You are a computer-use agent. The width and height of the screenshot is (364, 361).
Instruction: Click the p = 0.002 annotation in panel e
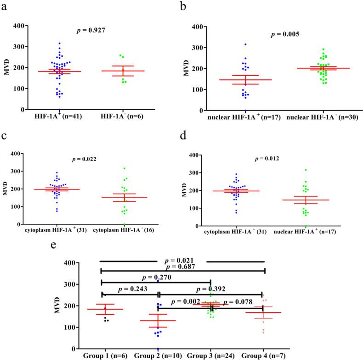click(x=186, y=302)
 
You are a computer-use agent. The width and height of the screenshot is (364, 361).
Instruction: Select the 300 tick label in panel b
click(x=208, y=47)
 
